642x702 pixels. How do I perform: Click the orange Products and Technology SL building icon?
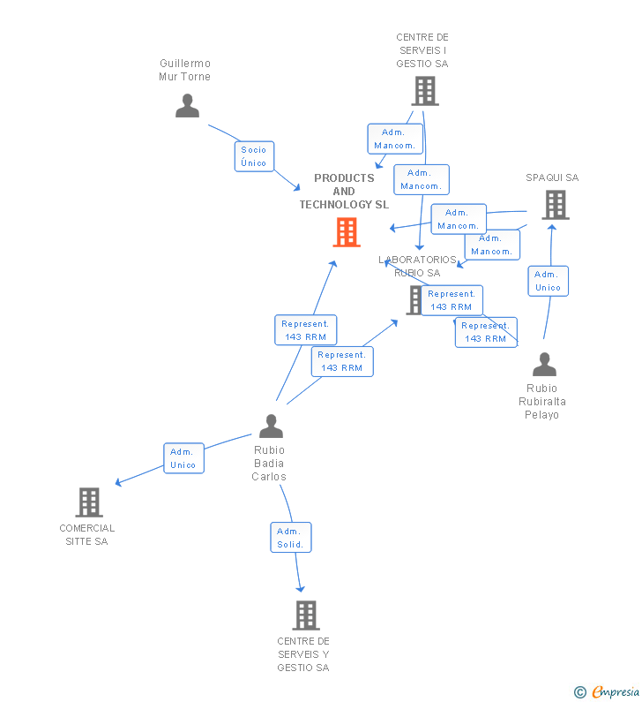click(x=347, y=232)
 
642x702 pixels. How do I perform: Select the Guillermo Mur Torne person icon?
click(x=187, y=106)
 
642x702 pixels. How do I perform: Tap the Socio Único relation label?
click(x=254, y=156)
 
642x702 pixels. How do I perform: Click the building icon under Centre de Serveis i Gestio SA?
click(x=424, y=91)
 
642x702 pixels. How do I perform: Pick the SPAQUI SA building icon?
click(x=555, y=205)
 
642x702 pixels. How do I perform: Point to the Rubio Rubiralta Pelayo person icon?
click(x=545, y=365)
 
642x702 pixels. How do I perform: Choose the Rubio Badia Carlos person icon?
click(x=271, y=426)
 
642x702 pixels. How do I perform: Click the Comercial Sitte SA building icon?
click(x=88, y=502)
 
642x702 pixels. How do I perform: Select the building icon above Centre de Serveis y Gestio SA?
click(x=305, y=615)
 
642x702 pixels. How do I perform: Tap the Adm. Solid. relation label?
click(x=290, y=538)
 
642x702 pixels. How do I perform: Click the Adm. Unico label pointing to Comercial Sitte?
click(x=183, y=458)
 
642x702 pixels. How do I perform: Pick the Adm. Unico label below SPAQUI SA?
click(x=549, y=281)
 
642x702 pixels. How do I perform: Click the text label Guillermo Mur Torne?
click(x=185, y=70)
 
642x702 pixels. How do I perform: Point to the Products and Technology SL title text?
click(x=344, y=192)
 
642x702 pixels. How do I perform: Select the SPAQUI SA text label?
click(x=552, y=177)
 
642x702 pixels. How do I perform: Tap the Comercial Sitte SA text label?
click(x=87, y=535)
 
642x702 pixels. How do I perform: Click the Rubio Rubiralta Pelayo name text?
click(x=542, y=402)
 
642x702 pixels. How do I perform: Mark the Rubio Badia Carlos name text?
click(x=269, y=464)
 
